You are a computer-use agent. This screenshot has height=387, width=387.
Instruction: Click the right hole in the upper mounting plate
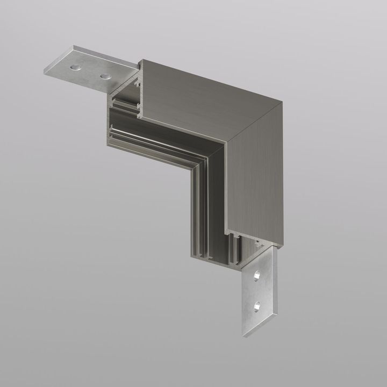pyautogui.click(x=103, y=75)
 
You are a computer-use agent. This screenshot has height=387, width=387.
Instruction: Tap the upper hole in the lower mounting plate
pyautogui.click(x=257, y=275)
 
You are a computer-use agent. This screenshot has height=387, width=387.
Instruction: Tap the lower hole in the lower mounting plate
pyautogui.click(x=260, y=306)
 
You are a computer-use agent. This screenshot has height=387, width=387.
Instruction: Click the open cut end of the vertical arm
pyautogui.click(x=215, y=253)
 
